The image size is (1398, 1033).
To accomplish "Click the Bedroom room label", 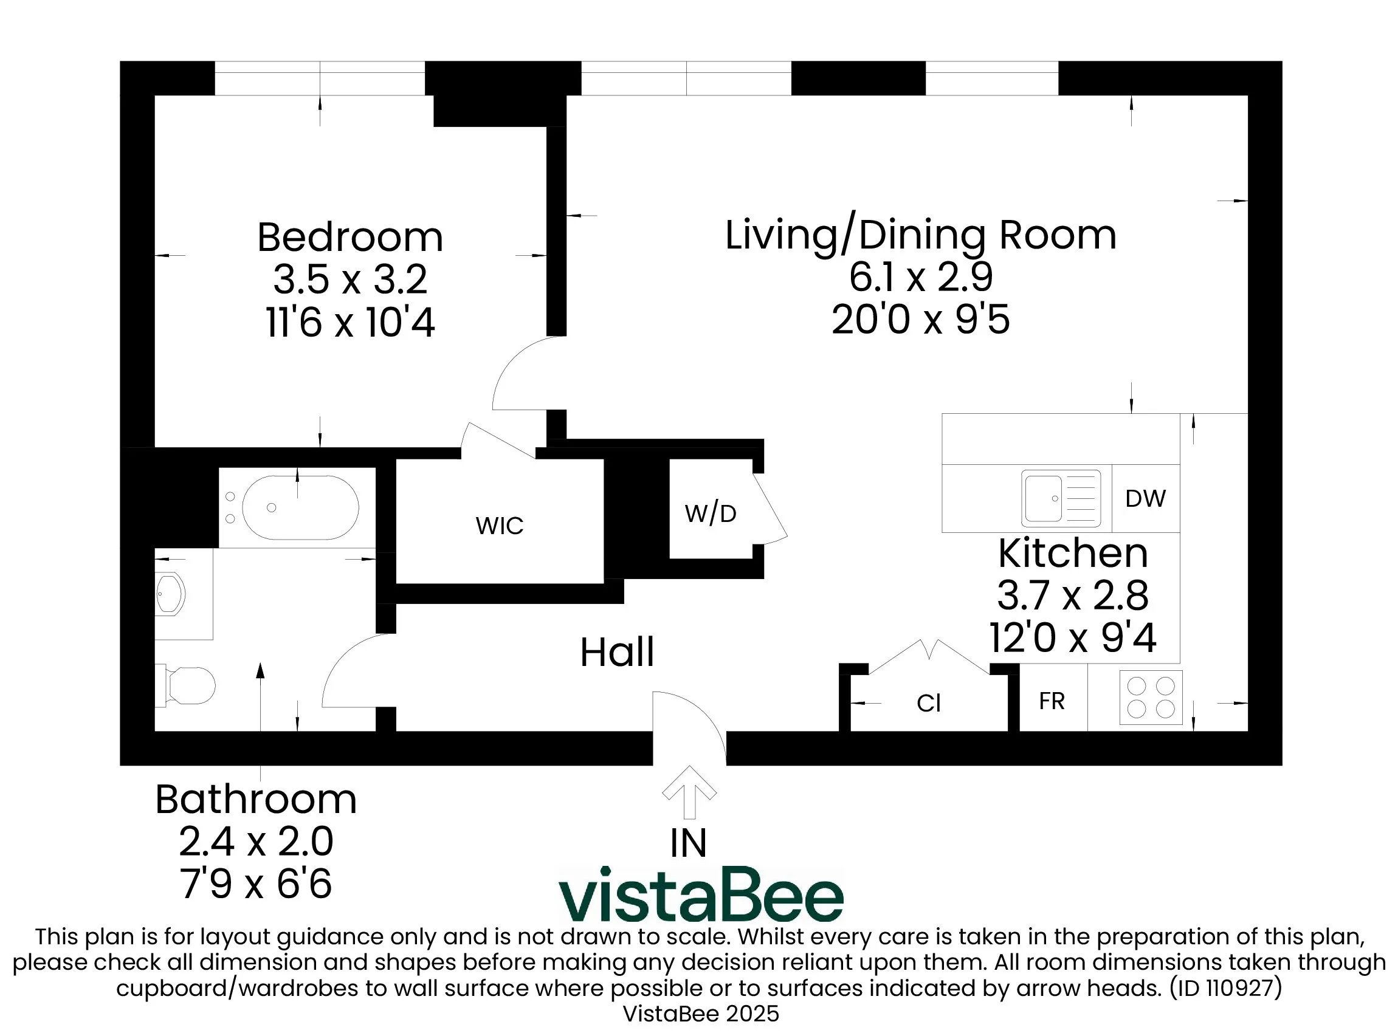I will (349, 238).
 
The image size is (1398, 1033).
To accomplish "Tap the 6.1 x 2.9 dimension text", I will (920, 277).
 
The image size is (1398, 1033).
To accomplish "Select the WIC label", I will (499, 526).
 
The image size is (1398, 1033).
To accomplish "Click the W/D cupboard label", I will (711, 514).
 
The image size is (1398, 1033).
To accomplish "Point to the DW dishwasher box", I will (1145, 498).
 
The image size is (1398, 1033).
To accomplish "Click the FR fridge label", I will (1052, 701).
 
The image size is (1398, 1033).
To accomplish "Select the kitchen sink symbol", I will (1060, 498).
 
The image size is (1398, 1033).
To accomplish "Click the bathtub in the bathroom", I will (300, 508).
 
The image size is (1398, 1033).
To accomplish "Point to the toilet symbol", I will (188, 685).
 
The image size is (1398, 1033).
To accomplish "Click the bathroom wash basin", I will (170, 594).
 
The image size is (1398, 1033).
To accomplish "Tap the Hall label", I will (617, 652).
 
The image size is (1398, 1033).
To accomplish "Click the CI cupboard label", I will (928, 704).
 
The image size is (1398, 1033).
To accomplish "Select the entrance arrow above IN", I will (689, 792).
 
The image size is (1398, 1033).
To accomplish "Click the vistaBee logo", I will (701, 896).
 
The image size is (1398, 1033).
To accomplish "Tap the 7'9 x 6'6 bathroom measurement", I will (255, 884).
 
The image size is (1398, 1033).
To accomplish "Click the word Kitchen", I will (1073, 554).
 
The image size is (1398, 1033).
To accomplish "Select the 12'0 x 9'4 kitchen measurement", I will (1073, 638).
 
